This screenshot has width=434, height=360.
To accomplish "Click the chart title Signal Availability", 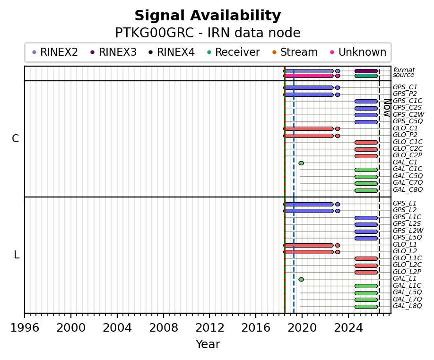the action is click(x=208, y=16).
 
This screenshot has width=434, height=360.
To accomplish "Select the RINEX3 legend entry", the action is click(x=113, y=52).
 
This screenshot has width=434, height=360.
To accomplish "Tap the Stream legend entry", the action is click(x=295, y=52).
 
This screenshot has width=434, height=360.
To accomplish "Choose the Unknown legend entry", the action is click(x=358, y=52).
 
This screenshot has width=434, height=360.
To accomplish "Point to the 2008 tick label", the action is click(x=163, y=328).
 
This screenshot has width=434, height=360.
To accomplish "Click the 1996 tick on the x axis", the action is click(x=25, y=315).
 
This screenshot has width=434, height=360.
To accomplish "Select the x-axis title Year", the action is click(x=208, y=344).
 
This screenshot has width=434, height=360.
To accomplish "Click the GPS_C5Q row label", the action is click(x=408, y=121).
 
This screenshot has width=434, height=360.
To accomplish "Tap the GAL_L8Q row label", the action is click(x=407, y=306).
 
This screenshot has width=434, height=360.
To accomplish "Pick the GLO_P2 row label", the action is click(x=405, y=135).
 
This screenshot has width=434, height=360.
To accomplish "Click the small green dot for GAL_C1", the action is click(x=301, y=163).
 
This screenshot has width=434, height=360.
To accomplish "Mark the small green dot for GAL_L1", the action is click(x=301, y=279).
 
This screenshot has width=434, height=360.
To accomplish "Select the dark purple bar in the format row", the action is click(x=366, y=71).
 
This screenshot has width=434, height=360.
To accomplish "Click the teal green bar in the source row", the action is click(x=366, y=76).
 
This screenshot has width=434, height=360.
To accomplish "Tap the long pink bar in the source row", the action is click(x=309, y=76).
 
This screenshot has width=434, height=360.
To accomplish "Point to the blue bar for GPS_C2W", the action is click(x=366, y=115).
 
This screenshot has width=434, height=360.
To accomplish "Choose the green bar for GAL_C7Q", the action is click(x=366, y=184).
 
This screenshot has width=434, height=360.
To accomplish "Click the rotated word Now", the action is click(x=388, y=108).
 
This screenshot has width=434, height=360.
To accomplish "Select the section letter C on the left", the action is click(x=16, y=138).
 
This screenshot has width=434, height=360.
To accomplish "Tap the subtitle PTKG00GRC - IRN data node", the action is click(x=208, y=33).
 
